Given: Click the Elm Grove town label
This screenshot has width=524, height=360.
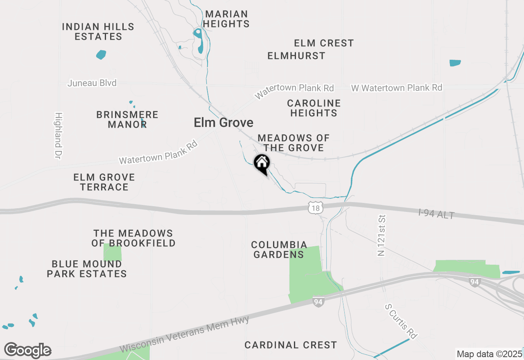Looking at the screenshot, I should pyautogui.click(x=223, y=122).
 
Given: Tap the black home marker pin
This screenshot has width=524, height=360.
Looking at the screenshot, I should pyautogui.click(x=262, y=164).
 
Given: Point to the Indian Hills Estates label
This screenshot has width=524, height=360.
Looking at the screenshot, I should pyautogui.click(x=98, y=32).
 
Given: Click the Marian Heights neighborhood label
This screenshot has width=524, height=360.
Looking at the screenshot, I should pyautogui.click(x=226, y=19).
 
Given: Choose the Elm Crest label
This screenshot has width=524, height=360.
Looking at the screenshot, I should pyautogui.click(x=324, y=43).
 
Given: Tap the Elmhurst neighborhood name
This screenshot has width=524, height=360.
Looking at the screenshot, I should pyautogui.click(x=296, y=56).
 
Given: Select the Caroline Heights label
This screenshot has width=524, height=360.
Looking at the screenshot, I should pyautogui.click(x=314, y=108).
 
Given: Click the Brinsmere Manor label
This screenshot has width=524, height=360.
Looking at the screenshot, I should pyautogui.click(x=127, y=119).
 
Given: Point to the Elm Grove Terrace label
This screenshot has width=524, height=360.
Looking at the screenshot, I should pyautogui.click(x=104, y=182).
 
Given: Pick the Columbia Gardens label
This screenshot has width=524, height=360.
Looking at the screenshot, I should pyautogui.click(x=279, y=250).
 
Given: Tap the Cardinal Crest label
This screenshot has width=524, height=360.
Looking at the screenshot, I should pyautogui.click(x=291, y=345).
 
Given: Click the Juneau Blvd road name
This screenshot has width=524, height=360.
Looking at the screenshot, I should pyautogui.click(x=92, y=83).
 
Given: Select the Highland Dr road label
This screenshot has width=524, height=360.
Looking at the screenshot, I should pyautogui.click(x=58, y=135).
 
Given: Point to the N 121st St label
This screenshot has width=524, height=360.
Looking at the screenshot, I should pyautogui.click(x=382, y=236).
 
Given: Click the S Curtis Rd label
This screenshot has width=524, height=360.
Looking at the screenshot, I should pyautogui.click(x=402, y=321).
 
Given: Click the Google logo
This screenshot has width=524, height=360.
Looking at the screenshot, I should pyautogui.click(x=28, y=350).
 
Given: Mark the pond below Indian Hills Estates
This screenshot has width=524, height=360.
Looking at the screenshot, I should pyautogui.click(x=101, y=54).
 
